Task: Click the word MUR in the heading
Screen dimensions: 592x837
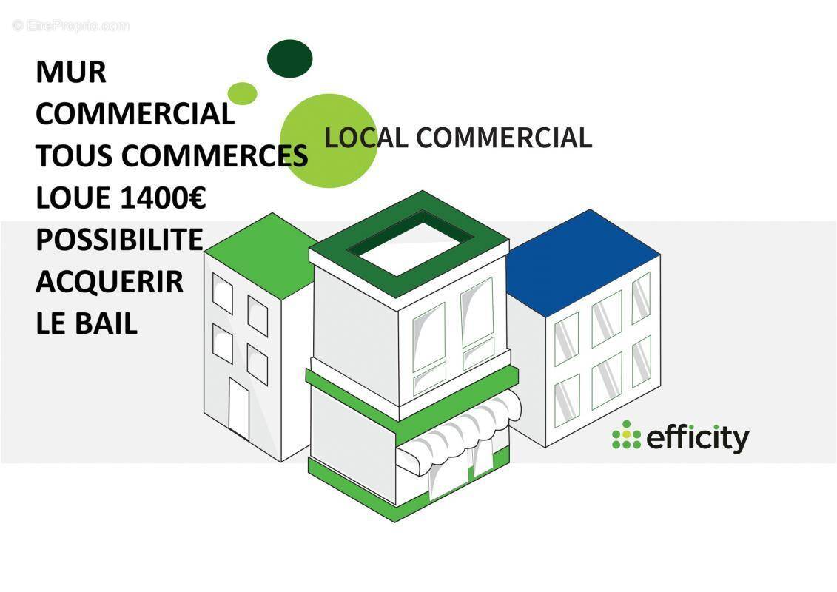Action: pyautogui.click(x=71, y=73)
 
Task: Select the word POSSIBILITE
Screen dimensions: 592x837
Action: pyautogui.click(x=119, y=240)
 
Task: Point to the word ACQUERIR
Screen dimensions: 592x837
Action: pyautogui.click(x=110, y=281)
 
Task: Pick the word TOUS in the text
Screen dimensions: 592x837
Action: pyautogui.click(x=74, y=156)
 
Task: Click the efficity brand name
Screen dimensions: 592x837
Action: pyautogui.click(x=697, y=438)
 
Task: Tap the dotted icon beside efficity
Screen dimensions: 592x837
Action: pyautogui.click(x=626, y=435)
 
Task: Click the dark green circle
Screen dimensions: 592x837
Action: pyautogui.click(x=289, y=58)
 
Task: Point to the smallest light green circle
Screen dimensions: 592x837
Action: pyautogui.click(x=242, y=93)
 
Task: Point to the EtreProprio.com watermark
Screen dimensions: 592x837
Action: pyautogui.click(x=70, y=26)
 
